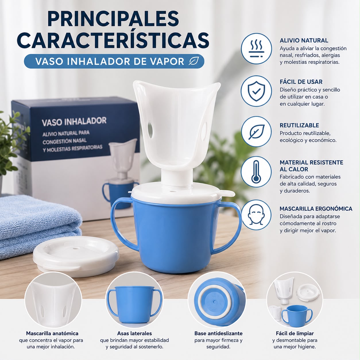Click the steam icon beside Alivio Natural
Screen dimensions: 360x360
(256, 49)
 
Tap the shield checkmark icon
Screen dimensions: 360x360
(256, 91)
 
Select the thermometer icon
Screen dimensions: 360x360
(256, 171)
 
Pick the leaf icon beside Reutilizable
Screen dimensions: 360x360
(256, 131)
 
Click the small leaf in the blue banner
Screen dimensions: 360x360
(194, 61)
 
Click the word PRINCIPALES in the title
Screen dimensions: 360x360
(113, 19)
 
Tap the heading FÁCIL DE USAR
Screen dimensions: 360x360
(301, 82)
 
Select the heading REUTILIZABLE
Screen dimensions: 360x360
(299, 125)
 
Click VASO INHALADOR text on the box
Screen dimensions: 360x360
(74, 121)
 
